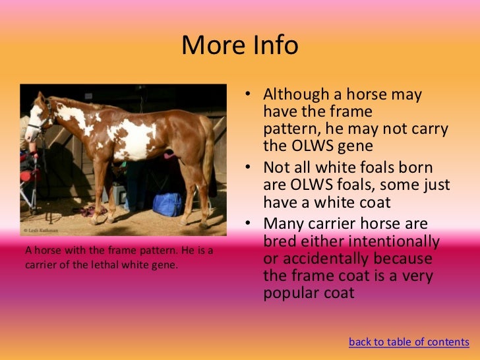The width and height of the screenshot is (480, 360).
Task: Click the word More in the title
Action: [209, 45]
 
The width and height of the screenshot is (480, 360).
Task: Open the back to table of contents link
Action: [409, 342]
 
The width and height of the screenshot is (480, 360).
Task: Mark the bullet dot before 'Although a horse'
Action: [249, 96]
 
